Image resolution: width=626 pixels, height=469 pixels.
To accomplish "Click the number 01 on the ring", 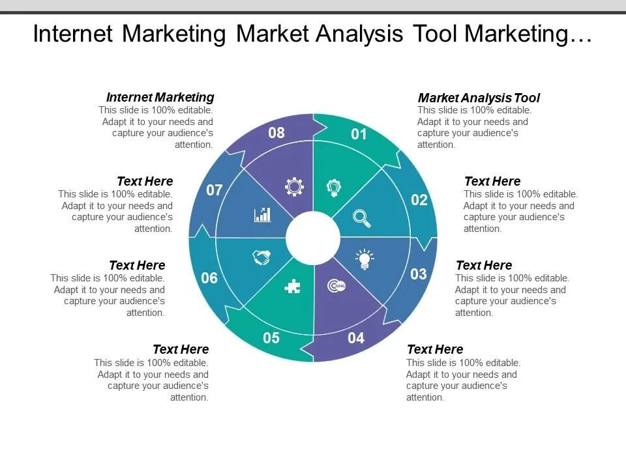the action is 359,135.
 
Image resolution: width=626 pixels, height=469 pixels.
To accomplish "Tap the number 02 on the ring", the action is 419,200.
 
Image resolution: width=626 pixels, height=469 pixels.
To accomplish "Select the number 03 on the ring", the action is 419,274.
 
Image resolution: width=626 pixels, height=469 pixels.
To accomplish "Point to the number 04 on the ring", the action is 356,338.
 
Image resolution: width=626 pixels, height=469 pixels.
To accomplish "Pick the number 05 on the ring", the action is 271,338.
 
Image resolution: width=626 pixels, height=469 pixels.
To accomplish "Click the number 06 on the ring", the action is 209,278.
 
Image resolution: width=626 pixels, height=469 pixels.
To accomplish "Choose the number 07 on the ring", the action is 215,191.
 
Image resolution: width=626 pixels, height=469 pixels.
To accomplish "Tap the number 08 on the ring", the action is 276,133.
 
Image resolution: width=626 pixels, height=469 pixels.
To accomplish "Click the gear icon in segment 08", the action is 295,187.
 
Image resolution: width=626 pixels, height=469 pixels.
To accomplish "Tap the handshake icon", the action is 262,257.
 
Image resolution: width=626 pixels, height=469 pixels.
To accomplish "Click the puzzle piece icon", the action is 293,286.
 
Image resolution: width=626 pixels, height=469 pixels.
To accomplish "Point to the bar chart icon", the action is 262,214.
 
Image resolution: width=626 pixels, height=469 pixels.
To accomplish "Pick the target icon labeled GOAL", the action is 336,285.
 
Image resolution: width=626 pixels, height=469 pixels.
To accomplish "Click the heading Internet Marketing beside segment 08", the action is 160,97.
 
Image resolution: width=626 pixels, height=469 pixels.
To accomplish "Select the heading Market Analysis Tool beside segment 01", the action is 479,98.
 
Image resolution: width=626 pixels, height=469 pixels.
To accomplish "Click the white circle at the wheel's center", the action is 313,237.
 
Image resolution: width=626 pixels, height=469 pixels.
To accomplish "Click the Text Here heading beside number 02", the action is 492,181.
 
